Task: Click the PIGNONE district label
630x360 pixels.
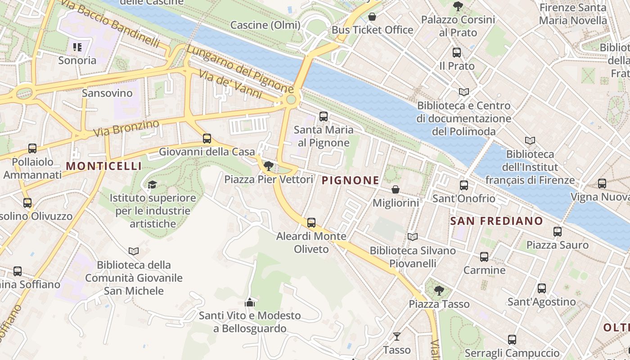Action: (351, 181)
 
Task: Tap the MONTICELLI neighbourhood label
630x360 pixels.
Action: (103, 166)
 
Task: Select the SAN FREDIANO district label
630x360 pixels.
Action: (496, 221)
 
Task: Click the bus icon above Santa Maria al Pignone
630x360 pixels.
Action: (323, 117)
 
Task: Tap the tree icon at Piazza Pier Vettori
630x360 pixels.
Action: (269, 166)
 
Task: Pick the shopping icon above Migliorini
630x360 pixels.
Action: (396, 189)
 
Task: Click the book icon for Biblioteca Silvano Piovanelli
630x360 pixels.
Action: (412, 237)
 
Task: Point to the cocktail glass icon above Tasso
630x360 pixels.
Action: (396, 336)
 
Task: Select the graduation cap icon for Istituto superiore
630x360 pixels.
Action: (153, 184)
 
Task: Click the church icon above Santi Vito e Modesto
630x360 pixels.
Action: (250, 302)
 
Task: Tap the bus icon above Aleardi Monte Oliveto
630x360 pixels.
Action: (311, 222)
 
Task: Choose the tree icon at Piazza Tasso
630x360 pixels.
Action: (439, 291)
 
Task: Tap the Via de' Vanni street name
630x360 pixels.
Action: (230, 85)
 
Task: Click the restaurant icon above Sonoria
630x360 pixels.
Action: (77, 47)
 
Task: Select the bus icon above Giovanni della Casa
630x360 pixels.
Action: (207, 139)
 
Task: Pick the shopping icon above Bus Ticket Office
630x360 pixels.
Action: (372, 17)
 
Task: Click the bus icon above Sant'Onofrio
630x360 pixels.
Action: (464, 185)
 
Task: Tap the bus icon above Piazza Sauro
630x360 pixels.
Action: (558, 232)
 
